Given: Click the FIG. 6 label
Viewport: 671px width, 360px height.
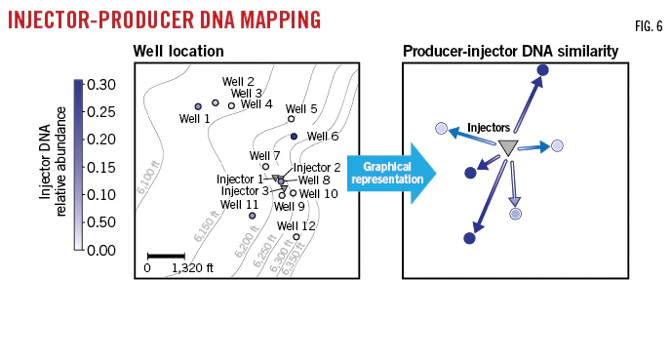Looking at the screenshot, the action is (649, 26).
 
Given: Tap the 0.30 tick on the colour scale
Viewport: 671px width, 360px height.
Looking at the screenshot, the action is (101, 85).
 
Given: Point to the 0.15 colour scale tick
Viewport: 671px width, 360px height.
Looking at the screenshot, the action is (101, 167).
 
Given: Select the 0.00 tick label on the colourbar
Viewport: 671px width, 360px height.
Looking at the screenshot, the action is (101, 250).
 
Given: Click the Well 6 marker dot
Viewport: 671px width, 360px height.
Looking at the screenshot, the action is (294, 137).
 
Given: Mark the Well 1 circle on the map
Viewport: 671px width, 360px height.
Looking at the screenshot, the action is (198, 106).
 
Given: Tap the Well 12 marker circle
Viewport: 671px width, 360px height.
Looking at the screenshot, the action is (296, 237).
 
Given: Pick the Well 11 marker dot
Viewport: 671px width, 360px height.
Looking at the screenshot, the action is (253, 216).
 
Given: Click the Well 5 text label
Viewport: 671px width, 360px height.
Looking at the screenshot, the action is (301, 109).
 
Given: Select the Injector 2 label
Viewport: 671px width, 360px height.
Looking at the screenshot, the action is (317, 168).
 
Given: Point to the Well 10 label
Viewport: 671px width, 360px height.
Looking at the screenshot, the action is (318, 194).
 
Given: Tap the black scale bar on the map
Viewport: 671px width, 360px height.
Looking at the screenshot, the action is (166, 257).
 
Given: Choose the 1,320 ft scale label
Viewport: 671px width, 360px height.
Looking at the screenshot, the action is (192, 268).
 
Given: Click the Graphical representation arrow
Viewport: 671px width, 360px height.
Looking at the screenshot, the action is (391, 174).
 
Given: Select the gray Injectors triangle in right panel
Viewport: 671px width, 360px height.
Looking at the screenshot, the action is (508, 147).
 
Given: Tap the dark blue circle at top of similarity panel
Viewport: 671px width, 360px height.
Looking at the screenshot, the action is (542, 70).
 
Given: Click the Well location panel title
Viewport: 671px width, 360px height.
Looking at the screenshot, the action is (178, 52).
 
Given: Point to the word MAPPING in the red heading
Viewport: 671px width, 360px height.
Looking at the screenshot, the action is (280, 20).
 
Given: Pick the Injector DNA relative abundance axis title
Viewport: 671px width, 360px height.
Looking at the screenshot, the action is (53, 162).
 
